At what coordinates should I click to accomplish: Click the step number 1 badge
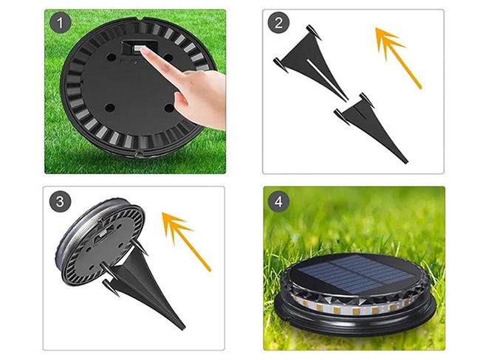coord(61,23)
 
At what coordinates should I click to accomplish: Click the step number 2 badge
coord(278,23)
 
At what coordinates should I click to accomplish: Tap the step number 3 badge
coord(61,201)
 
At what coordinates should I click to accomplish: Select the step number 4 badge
coord(278,201)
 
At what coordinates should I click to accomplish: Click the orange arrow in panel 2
coord(398,58)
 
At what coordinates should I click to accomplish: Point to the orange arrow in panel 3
coord(186,242)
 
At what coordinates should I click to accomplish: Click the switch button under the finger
coord(138,49)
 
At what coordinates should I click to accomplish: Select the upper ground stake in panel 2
coord(309,61)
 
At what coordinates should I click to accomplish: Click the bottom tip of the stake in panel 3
coord(184,328)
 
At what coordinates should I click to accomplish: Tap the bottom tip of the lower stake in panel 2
coord(406,162)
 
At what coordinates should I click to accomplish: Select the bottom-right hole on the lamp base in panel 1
coord(168,108)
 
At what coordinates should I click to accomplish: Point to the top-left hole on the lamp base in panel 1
coord(111,57)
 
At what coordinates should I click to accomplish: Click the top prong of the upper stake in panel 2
coord(312,32)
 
